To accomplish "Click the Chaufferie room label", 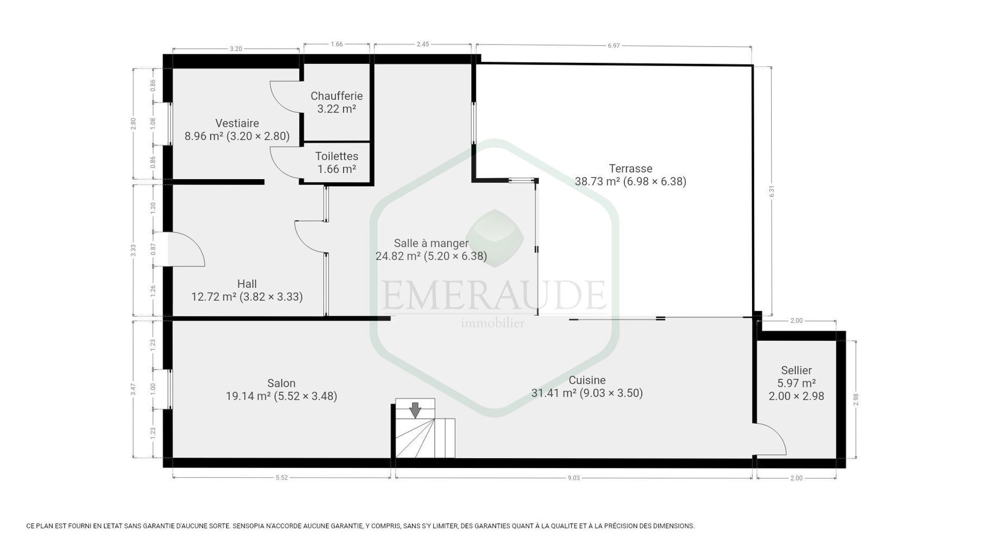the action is point(336,96).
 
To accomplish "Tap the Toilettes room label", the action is point(336,156).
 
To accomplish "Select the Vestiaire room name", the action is point(237,123).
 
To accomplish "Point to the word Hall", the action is point(247,284).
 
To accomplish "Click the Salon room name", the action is point(281,383).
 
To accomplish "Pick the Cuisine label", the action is point(587,380).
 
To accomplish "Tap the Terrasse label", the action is point(630,168).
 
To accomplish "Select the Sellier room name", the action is point(796,370).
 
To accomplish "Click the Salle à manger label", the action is point(431,243).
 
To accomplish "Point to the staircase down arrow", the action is point(415,410).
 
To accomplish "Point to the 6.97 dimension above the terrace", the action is point(614,46).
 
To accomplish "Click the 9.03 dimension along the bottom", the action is point(574,478).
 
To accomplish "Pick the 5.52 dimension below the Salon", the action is point(281,478).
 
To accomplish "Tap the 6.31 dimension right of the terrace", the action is point(772,192).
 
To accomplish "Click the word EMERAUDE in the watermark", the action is point(494,294).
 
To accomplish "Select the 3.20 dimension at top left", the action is point(236,49).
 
